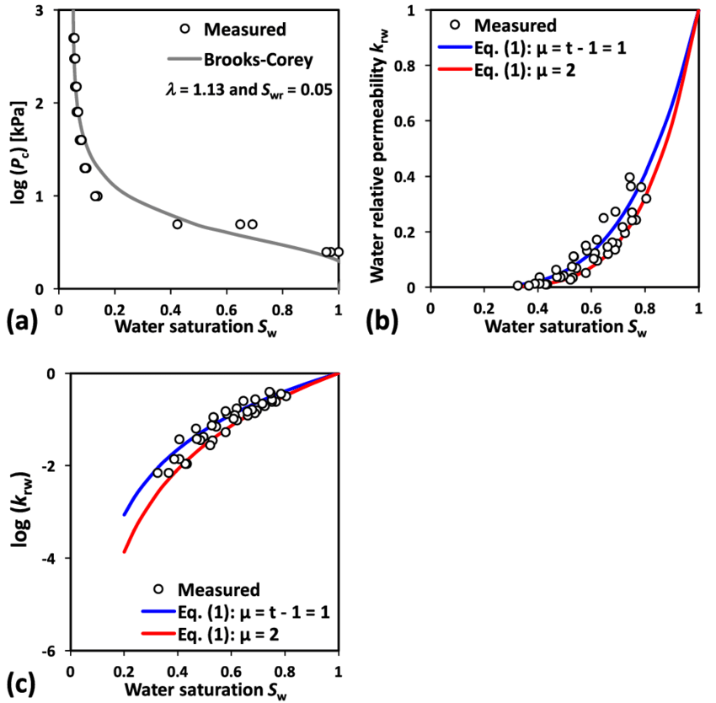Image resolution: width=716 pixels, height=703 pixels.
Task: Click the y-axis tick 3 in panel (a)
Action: pyautogui.click(x=41, y=11)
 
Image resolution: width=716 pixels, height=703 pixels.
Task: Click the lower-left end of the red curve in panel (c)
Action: pyautogui.click(x=124, y=552)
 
